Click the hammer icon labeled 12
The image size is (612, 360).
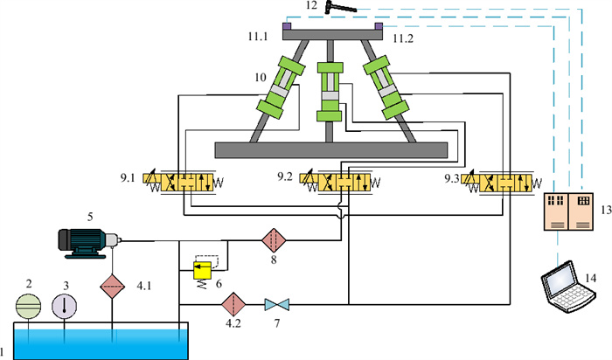[340, 7]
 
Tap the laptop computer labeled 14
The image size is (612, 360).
[568, 287]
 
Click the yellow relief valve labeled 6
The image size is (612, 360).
[203, 271]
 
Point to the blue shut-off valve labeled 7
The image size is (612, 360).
[277, 305]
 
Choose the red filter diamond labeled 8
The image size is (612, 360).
[274, 240]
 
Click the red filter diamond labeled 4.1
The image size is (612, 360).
[113, 287]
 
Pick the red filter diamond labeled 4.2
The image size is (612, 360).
[233, 304]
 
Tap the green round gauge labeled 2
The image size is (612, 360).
[29, 306]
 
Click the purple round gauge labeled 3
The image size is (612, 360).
[65, 306]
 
